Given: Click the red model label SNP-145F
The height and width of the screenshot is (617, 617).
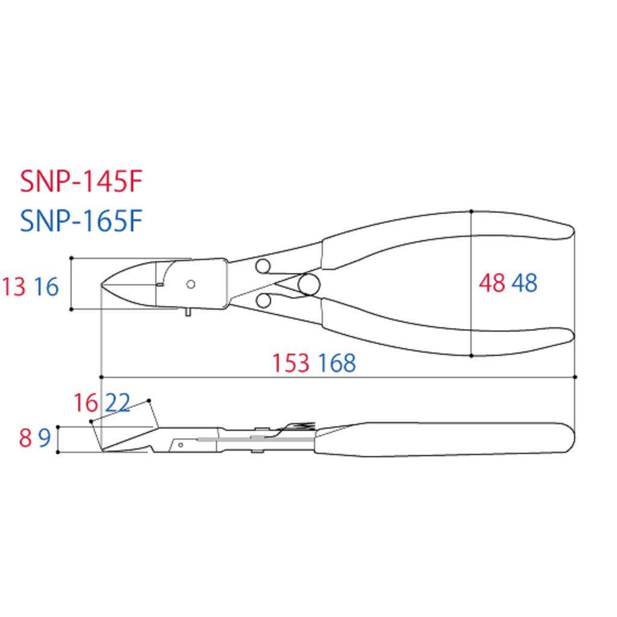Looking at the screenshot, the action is (81, 181).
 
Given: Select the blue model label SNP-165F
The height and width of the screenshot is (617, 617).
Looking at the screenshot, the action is (81, 221).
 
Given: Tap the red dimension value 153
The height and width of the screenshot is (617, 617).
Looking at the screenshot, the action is (291, 363).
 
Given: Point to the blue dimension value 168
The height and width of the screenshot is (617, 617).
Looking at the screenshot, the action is (337, 363).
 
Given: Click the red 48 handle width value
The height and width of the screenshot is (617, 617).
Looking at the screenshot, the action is (492, 283).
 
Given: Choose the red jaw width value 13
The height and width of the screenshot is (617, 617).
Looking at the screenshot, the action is (14, 286).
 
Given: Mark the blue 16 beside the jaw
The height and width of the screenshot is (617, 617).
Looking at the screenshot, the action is (46, 286).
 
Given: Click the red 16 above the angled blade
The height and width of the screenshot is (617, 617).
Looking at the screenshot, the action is (86, 403).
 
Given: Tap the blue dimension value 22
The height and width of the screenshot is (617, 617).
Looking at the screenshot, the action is (118, 403).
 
